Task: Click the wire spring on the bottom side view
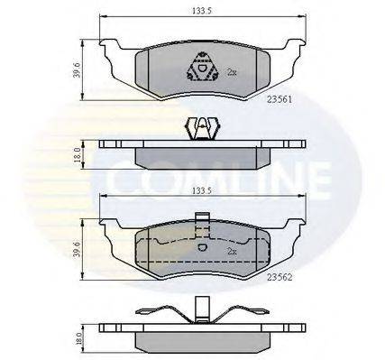pyautogui.click(x=199, y=315)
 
